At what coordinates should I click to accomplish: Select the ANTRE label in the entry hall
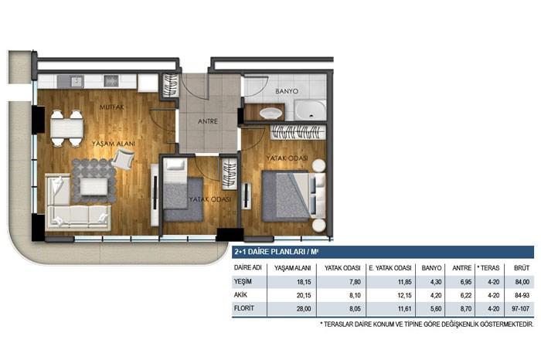pyautogui.click(x=207, y=121)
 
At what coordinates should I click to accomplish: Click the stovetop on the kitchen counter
pyautogui.click(x=111, y=80)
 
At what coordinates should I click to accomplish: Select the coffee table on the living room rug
pyautogui.click(x=94, y=186)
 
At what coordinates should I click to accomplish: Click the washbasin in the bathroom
pyautogui.click(x=270, y=114)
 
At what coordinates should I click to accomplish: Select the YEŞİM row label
pyautogui.click(x=245, y=282)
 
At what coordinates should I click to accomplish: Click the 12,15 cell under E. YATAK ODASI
pyautogui.click(x=383, y=295)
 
